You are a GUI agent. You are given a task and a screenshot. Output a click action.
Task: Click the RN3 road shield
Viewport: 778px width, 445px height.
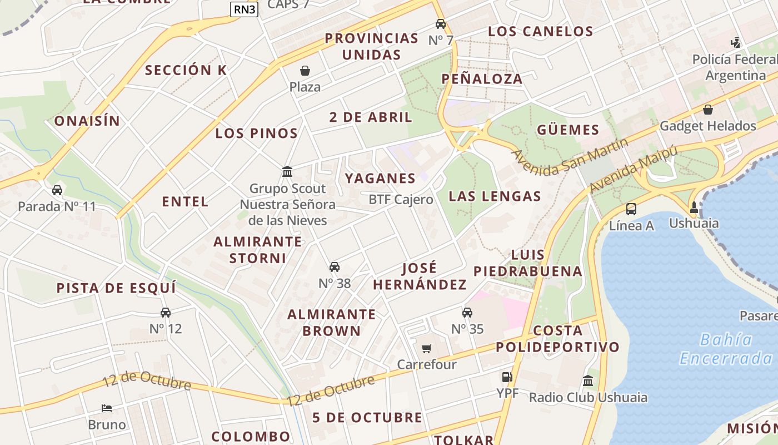click(245, 9)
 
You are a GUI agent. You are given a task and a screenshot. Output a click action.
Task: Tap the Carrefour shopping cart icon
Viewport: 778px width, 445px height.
click(426, 349)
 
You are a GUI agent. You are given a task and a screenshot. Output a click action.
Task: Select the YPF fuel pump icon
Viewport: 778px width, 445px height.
click(506, 377)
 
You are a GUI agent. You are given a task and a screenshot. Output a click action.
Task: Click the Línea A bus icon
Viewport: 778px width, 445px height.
click(631, 209)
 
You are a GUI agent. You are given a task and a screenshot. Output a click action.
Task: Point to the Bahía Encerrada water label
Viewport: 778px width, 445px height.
click(725, 349)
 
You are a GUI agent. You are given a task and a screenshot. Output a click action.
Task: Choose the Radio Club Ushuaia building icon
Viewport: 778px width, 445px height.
click(588, 381)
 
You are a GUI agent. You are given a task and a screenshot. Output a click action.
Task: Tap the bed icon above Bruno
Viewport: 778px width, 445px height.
click(107, 408)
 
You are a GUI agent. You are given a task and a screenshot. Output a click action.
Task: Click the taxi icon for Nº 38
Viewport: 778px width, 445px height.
click(335, 268)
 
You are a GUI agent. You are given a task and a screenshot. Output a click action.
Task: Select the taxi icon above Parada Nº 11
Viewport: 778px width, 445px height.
click(57, 190)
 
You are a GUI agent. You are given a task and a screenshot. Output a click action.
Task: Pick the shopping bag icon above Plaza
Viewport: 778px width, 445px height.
click(305, 71)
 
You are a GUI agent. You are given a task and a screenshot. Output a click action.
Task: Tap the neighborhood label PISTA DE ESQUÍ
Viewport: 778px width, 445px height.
click(116, 288)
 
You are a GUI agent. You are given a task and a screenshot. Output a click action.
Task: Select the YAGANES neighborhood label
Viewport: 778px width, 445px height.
click(380, 179)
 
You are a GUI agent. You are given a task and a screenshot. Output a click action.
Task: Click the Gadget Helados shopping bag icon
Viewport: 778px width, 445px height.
click(708, 110)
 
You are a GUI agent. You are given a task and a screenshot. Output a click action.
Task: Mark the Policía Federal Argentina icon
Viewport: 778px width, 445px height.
click(736, 42)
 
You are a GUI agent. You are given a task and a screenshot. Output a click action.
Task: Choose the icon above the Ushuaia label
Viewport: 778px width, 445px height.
click(694, 208)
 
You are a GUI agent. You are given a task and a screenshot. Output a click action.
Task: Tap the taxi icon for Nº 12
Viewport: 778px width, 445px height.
click(166, 313)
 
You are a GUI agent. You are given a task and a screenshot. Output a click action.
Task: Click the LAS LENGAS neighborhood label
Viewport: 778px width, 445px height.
click(495, 196)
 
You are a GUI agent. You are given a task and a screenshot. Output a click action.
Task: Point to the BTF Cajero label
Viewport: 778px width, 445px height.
click(401, 200)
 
